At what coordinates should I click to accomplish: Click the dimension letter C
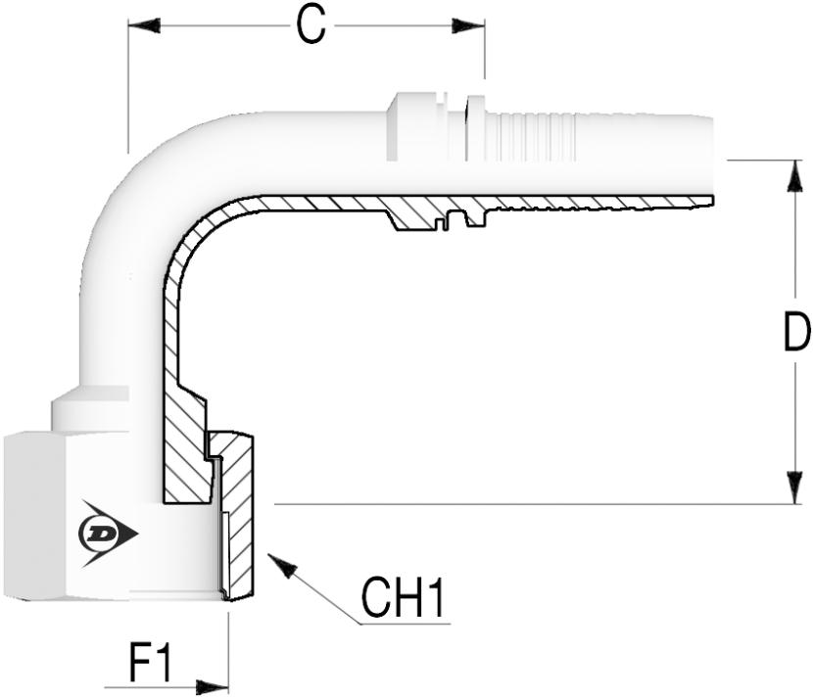coord(311,26)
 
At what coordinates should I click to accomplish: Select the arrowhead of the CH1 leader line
coord(278,563)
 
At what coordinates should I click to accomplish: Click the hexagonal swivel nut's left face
coord(39,519)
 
